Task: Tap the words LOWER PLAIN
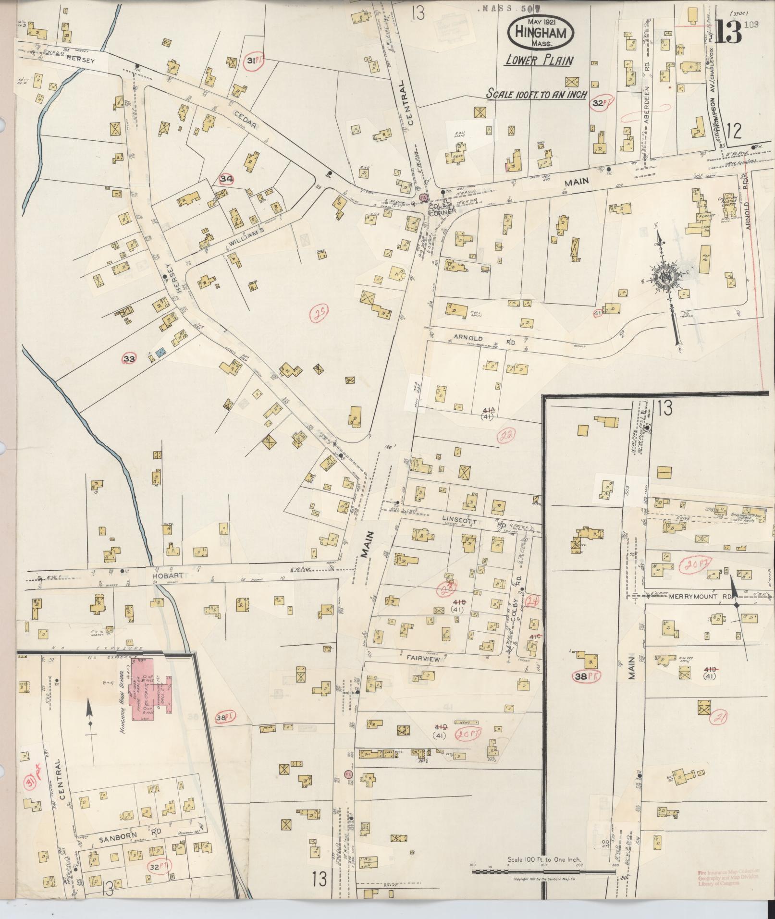tap(539, 61)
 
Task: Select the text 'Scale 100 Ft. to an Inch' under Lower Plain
tap(536, 94)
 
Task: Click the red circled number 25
tap(319, 314)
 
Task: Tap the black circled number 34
tap(226, 179)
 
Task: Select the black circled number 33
tap(129, 358)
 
